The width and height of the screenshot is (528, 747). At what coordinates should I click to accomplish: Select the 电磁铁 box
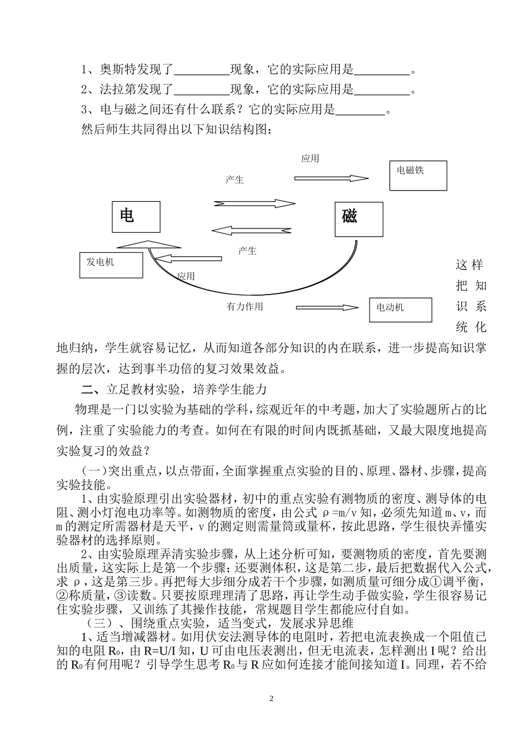[x=418, y=176]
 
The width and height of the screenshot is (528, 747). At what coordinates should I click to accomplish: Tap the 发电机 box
[x=111, y=265]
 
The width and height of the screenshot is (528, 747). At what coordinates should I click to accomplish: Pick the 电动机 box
[x=400, y=310]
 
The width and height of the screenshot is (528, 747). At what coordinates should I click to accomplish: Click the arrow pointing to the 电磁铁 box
[x=331, y=178]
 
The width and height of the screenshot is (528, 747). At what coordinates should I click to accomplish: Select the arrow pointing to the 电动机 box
[x=328, y=307]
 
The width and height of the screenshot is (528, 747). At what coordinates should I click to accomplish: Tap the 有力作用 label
[x=245, y=307]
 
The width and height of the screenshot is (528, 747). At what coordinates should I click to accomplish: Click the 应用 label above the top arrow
[x=310, y=159]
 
